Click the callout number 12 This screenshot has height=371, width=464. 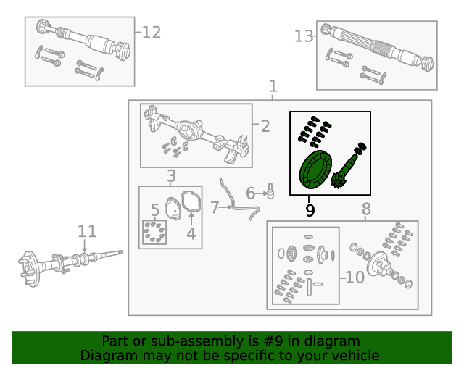click(151, 33)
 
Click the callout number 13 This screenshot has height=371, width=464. click(304, 36)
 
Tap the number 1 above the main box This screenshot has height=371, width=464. click(273, 86)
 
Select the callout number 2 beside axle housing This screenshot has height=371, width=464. click(265, 127)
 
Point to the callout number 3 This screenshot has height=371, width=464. click(171, 176)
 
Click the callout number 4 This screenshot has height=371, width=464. click(191, 233)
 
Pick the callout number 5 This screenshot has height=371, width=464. click(155, 210)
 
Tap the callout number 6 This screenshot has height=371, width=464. click(251, 193)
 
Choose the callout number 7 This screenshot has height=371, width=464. click(215, 208)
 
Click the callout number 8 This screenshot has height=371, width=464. click(366, 210)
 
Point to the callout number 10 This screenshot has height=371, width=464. click(355, 278)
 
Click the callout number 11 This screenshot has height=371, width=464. click(87, 232)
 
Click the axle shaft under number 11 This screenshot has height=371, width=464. click(72, 261)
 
